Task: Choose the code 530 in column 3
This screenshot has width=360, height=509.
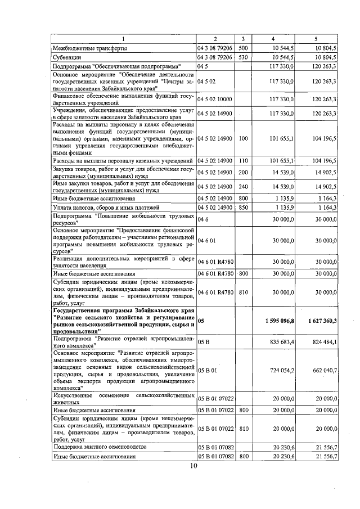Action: tap(243, 57)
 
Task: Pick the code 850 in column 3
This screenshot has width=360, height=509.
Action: tap(243, 208)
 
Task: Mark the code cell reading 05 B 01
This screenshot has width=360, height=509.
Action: tap(208, 371)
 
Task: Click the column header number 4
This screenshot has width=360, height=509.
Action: tap(273, 39)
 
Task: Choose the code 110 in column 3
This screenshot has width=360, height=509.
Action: tap(243, 163)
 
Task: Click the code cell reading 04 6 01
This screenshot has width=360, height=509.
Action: tap(206, 241)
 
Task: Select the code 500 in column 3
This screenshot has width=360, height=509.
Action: tap(243, 48)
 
